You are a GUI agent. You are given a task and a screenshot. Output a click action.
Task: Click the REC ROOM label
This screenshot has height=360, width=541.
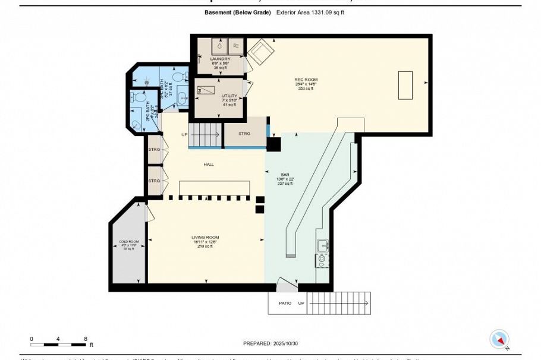tap(306, 80)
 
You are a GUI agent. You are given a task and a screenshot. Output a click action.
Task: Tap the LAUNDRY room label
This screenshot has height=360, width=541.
tap(220, 59)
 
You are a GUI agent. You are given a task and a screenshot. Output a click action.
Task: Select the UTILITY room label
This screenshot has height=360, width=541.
tap(229, 96)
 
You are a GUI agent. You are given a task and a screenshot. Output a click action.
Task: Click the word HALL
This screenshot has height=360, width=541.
tap(208, 165)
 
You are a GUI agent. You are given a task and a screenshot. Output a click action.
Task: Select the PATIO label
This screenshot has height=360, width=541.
tap(285, 303)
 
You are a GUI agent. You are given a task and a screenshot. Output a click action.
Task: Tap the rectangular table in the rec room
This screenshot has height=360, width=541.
tap(405, 86)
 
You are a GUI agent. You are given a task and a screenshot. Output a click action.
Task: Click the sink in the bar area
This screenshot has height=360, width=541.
tap(323, 245)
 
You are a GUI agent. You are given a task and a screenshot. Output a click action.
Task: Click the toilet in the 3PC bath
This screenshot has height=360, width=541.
tap(178, 77)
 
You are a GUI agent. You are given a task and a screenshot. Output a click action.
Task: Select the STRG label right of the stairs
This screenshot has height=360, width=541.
tap(244, 134)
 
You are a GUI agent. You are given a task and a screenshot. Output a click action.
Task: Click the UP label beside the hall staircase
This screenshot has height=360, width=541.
tap(185, 134)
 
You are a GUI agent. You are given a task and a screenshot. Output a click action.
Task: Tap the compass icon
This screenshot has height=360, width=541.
tap(499, 339)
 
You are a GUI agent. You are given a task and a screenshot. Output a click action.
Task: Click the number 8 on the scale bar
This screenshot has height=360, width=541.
tap(86, 339)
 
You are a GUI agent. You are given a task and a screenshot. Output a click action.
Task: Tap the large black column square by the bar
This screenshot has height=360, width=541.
tap(274, 144)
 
